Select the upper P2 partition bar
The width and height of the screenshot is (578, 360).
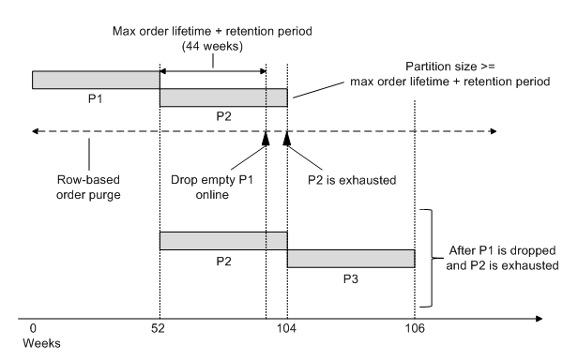tap(222, 97)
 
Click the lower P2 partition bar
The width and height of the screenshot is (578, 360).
tap(222, 241)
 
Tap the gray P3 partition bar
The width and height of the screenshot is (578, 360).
tap(350, 258)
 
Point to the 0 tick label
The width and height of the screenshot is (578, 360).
tap(33, 330)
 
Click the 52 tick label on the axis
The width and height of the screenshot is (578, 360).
tap(160, 330)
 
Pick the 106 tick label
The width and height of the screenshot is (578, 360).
tap(414, 330)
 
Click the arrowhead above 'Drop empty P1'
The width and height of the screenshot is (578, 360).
tap(266, 139)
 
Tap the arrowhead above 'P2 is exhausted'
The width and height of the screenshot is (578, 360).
tap(287, 139)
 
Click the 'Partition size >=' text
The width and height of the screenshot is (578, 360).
tap(447, 67)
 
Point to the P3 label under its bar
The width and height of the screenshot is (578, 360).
tap(350, 277)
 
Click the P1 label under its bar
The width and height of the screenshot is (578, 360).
tap(96, 98)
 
